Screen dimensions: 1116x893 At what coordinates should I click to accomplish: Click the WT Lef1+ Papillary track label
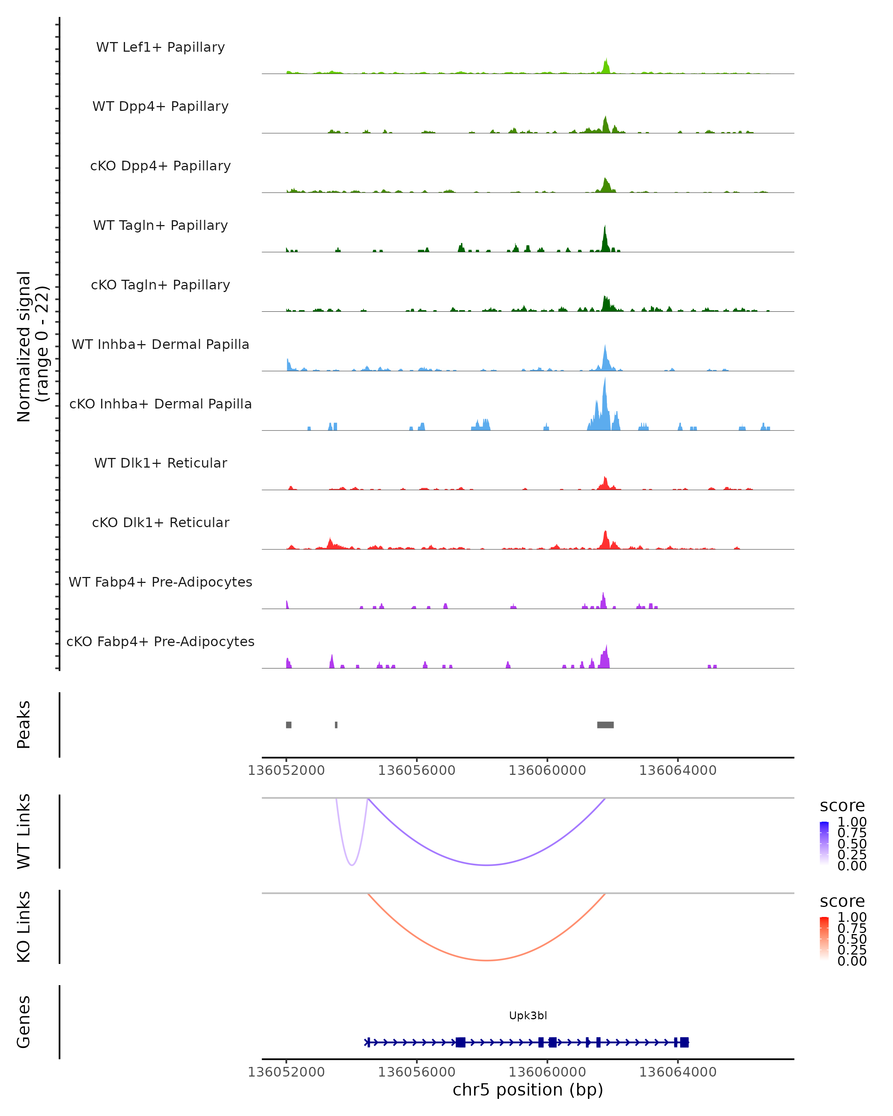pyautogui.click(x=160, y=47)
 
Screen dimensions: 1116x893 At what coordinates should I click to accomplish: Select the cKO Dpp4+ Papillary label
pyautogui.click(x=160, y=166)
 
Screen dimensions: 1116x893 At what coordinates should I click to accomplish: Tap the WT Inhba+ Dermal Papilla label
pyautogui.click(x=160, y=345)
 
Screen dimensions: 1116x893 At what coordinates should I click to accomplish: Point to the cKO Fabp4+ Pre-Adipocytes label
pyautogui.click(x=160, y=642)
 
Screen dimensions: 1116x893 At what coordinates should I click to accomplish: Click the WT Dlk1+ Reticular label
pyautogui.click(x=160, y=463)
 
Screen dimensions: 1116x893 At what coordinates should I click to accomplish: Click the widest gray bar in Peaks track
pyautogui.click(x=605, y=725)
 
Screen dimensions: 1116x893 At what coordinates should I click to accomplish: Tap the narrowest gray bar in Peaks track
pyautogui.click(x=336, y=725)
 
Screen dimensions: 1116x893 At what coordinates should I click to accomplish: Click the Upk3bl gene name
pyautogui.click(x=528, y=1016)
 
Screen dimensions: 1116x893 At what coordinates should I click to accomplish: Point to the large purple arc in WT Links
pyautogui.click(x=487, y=865)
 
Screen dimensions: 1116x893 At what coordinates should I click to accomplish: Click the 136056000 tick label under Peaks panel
pyautogui.click(x=416, y=771)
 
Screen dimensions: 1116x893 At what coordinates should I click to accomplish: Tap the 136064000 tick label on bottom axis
pyautogui.click(x=678, y=1072)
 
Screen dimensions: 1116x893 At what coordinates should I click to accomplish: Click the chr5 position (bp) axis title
pyautogui.click(x=528, y=1090)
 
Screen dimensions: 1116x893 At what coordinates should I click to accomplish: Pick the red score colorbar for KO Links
pyautogui.click(x=824, y=939)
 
